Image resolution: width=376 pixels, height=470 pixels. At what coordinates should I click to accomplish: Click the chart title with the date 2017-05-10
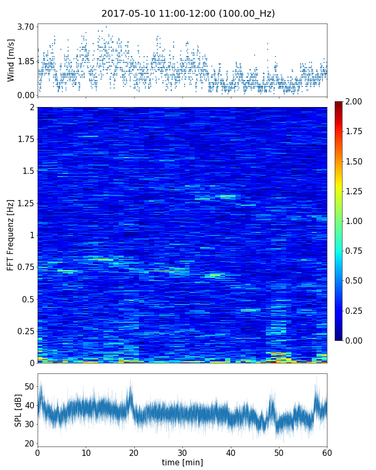[188, 14]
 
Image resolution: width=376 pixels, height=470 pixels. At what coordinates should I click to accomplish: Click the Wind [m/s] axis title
[11, 62]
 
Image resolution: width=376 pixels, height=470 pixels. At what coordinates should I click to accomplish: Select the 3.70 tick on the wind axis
[26, 27]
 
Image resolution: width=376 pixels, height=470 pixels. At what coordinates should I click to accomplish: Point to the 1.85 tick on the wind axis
[26, 61]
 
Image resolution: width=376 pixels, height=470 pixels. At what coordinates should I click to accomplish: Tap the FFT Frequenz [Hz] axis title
[11, 234]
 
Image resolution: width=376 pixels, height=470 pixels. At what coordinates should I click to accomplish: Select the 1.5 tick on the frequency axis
[27, 171]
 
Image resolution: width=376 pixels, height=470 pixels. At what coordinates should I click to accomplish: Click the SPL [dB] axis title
[18, 409]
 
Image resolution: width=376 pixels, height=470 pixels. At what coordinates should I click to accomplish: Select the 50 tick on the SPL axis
[29, 386]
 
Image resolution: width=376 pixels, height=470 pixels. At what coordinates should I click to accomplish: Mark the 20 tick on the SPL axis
[29, 444]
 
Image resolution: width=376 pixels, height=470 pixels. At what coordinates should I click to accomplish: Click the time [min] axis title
[182, 463]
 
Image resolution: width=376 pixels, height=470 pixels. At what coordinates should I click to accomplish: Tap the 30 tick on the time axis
[182, 452]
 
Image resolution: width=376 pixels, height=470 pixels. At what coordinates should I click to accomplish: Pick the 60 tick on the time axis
[327, 452]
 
